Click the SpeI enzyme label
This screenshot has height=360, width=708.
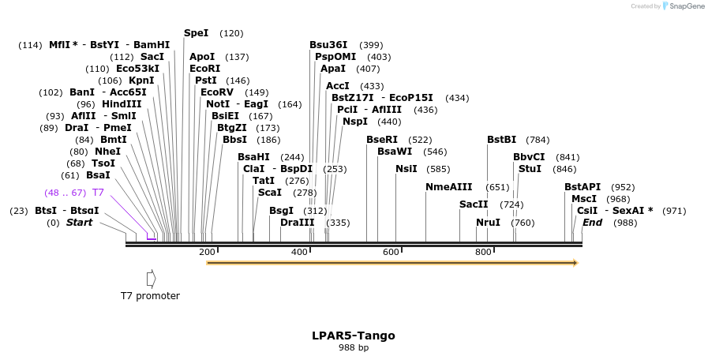[x=196, y=33]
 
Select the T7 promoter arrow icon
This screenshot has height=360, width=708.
[x=151, y=279]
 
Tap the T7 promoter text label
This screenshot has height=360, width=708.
[x=150, y=296]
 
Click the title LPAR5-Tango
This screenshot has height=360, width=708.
[x=354, y=336]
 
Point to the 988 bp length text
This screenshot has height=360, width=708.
[x=354, y=347]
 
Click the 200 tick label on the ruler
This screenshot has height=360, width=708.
[x=207, y=252]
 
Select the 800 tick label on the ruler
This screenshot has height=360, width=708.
[x=483, y=252]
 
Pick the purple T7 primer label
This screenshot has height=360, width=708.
[x=98, y=193]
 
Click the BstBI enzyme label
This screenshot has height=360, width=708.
[x=501, y=140]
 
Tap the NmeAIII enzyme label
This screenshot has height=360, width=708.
[x=448, y=187]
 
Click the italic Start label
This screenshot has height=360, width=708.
[x=79, y=223]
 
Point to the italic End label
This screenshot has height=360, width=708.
[x=592, y=223]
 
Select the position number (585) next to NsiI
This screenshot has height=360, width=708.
[x=438, y=169]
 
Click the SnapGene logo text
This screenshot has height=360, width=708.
[x=684, y=6]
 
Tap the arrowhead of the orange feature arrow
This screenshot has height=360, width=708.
[x=575, y=263]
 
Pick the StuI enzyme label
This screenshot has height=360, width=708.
[x=530, y=169]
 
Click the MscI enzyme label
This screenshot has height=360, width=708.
[x=583, y=199]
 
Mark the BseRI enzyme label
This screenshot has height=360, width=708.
[x=382, y=140]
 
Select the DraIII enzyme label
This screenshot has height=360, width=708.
[x=297, y=223]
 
